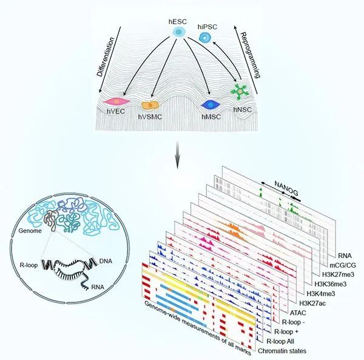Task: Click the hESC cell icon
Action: (178, 32)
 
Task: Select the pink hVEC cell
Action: (116, 101)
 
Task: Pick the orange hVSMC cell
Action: (150, 106)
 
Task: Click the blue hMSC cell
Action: (211, 105)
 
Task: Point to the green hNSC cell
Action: (240, 92)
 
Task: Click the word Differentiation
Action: (106, 57)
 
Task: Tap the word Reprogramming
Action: (250, 55)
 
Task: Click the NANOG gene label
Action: (286, 188)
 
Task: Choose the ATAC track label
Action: (298, 313)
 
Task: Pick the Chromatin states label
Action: (282, 351)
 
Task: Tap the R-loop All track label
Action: (280, 341)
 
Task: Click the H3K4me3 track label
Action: (321, 294)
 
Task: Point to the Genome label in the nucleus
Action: (30, 231)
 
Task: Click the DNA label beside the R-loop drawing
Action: (106, 261)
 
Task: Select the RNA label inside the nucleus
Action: (98, 287)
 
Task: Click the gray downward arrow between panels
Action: (177, 154)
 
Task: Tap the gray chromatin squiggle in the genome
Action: (50, 220)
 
